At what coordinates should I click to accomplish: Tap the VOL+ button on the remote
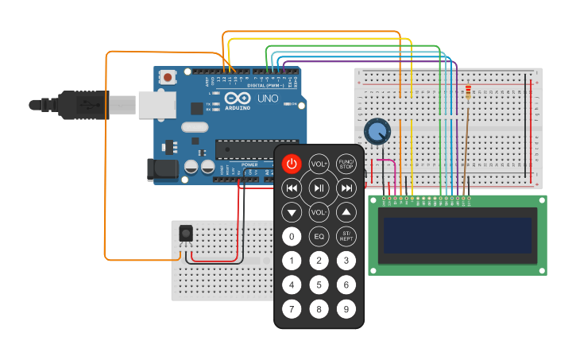click(319, 164)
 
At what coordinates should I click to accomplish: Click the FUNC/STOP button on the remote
click(346, 164)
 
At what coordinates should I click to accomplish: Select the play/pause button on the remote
click(319, 188)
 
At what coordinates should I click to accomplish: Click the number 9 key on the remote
click(346, 308)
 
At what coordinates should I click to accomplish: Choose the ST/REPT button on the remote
click(346, 236)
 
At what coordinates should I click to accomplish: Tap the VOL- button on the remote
click(319, 212)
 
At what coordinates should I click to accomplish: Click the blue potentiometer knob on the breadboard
click(377, 130)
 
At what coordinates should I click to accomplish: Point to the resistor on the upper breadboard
click(468, 94)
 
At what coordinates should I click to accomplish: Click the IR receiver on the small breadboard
click(186, 233)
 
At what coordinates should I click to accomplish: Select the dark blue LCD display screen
click(458, 236)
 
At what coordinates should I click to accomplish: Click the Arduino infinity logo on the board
click(237, 99)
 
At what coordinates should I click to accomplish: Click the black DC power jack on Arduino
click(161, 168)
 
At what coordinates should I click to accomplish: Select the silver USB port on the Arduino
click(157, 104)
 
